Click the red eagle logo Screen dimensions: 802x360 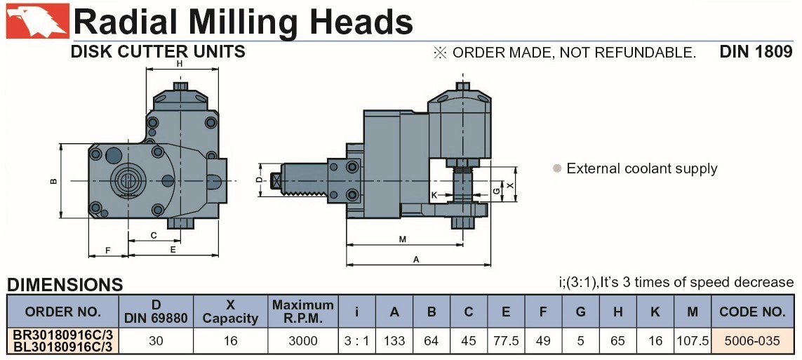pyautogui.click(x=37, y=21)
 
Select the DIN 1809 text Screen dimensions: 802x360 pyautogui.click(x=756, y=52)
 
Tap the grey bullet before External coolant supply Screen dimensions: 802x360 pyautogui.click(x=557, y=168)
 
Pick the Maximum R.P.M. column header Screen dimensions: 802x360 pyautogui.click(x=303, y=312)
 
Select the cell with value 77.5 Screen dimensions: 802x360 pyautogui.click(x=505, y=340)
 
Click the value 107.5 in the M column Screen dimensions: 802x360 pyautogui.click(x=692, y=340)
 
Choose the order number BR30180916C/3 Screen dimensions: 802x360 pyautogui.click(x=62, y=335)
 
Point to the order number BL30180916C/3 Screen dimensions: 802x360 pyautogui.click(x=62, y=347)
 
